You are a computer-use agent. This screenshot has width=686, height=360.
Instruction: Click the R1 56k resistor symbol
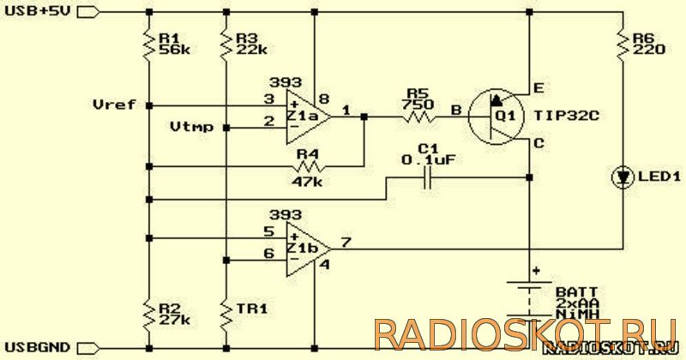click(x=149, y=44)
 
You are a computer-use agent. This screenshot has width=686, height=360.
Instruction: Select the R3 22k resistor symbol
click(x=226, y=44)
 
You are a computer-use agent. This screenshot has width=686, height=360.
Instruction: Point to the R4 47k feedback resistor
click(x=310, y=166)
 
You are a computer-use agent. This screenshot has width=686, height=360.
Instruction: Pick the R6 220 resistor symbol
click(x=623, y=44)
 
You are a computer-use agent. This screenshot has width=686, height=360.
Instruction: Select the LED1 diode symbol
click(x=623, y=177)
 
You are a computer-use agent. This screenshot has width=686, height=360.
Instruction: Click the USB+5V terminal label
click(x=37, y=11)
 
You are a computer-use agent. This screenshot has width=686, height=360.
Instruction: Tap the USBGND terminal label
click(x=37, y=348)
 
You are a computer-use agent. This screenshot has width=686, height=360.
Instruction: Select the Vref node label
click(x=115, y=105)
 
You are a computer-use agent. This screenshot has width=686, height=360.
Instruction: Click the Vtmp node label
click(x=191, y=128)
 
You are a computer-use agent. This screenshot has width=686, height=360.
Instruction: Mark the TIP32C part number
click(x=566, y=116)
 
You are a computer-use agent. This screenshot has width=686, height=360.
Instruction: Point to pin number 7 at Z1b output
click(x=346, y=242)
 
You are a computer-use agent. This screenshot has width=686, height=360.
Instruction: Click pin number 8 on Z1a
click(x=324, y=99)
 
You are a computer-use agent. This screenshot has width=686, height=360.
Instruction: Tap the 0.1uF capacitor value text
click(x=429, y=160)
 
